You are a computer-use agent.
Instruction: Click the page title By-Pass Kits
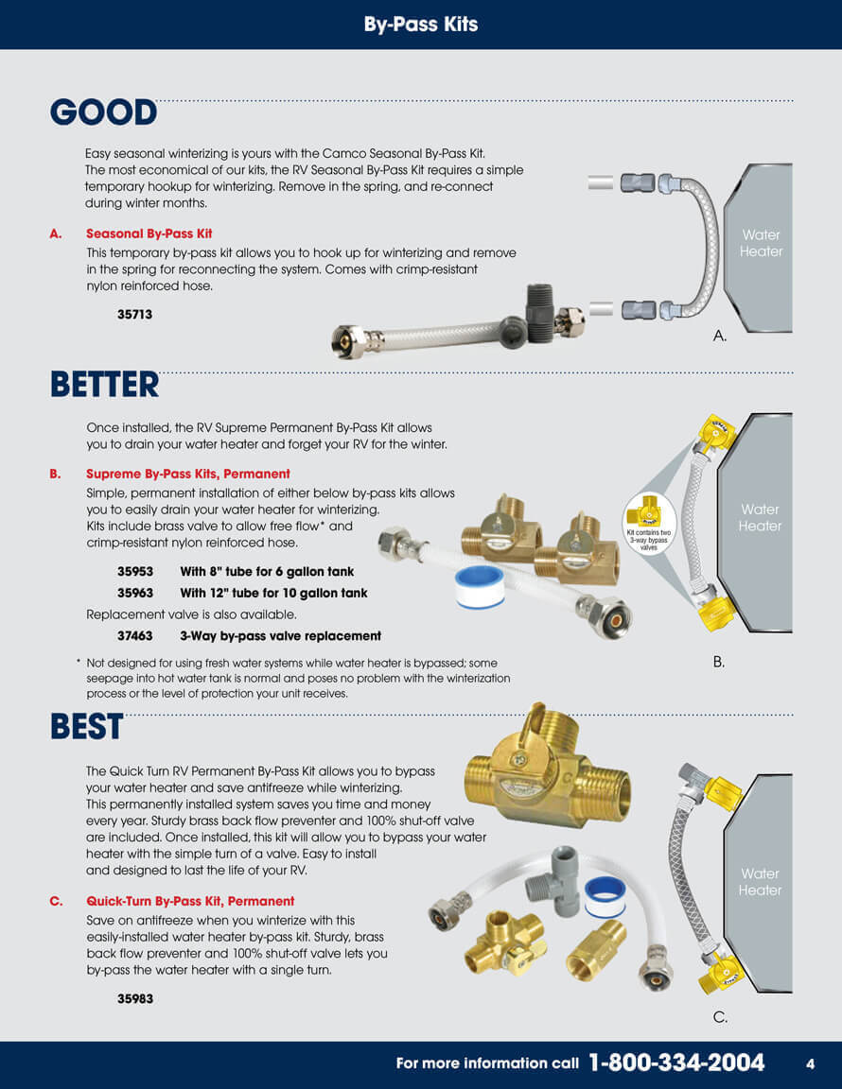pos(421,25)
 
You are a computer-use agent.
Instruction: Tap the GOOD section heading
pos(104,112)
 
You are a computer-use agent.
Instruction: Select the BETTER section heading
pos(104,385)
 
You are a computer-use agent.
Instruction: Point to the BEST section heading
pos(87,726)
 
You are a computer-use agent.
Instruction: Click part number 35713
pos(134,315)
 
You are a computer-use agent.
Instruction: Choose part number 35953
pos(135,572)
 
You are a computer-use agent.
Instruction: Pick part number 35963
pos(135,593)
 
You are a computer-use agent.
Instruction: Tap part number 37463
pos(135,636)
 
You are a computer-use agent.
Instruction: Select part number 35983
pos(135,998)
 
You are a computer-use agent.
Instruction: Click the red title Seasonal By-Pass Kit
pos(149,234)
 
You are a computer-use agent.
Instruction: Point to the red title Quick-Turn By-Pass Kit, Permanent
pos(190,902)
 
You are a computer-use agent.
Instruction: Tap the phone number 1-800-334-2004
pos(676,1063)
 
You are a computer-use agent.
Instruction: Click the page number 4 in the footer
pos(810,1064)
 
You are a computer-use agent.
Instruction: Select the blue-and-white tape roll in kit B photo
pos(479,586)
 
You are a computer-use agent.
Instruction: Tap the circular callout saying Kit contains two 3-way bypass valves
pos(649,524)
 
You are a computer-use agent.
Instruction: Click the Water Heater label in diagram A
pos(761,243)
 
